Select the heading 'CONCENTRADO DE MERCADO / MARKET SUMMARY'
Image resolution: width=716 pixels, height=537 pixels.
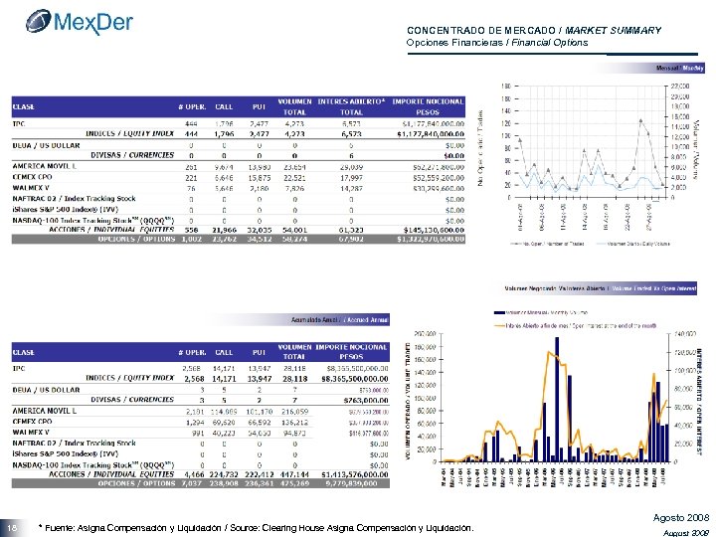pyautogui.click(x=534, y=30)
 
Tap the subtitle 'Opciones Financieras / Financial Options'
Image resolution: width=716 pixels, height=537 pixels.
pyautogui.click(x=497, y=43)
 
